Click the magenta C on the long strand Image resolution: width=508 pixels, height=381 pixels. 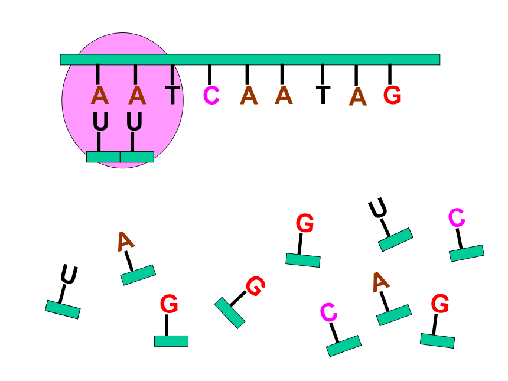211,96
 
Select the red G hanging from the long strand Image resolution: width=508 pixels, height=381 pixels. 392,95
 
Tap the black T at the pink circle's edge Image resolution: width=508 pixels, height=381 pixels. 172,95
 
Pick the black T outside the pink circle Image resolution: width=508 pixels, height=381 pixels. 323,95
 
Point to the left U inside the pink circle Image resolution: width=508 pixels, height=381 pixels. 100,122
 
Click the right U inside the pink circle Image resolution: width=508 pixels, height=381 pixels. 134,122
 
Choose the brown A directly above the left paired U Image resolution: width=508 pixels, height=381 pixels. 100,95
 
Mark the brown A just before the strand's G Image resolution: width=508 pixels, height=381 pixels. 358,96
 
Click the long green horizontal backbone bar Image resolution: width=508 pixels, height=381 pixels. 250,60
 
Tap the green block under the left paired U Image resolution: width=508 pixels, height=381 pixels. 103,157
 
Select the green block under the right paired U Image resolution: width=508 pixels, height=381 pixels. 137,157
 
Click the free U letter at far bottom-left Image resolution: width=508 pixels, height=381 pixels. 69,275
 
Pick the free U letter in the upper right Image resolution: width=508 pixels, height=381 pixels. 378,208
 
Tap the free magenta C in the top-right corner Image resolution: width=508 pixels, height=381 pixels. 457,217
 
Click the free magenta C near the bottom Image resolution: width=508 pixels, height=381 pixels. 328,312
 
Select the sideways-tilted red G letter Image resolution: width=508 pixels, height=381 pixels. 256,286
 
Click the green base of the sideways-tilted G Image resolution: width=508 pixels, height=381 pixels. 230,313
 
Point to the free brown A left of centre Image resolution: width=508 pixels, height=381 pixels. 125,242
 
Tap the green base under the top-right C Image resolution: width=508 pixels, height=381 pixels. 467,253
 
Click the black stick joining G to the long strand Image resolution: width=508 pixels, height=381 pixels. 390,75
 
